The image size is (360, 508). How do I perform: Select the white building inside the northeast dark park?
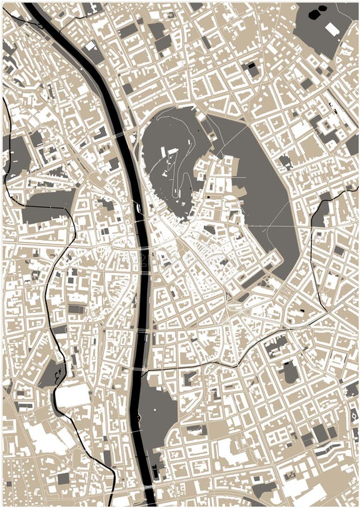click(332, 29)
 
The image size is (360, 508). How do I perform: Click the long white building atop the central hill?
click(169, 151)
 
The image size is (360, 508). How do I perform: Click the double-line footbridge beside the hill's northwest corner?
click(119, 134)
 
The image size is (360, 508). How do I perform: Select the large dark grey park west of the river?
click(47, 212)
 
